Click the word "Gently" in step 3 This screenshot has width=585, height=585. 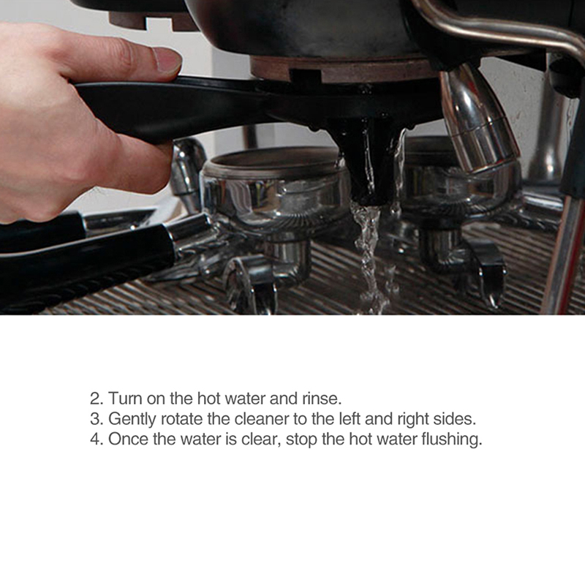point(132,419)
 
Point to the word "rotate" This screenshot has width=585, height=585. point(182,419)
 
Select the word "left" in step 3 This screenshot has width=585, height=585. point(350,419)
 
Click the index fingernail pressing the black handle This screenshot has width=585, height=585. point(167,60)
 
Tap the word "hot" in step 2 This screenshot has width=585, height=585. point(208,399)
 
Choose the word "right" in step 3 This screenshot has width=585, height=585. point(412,419)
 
